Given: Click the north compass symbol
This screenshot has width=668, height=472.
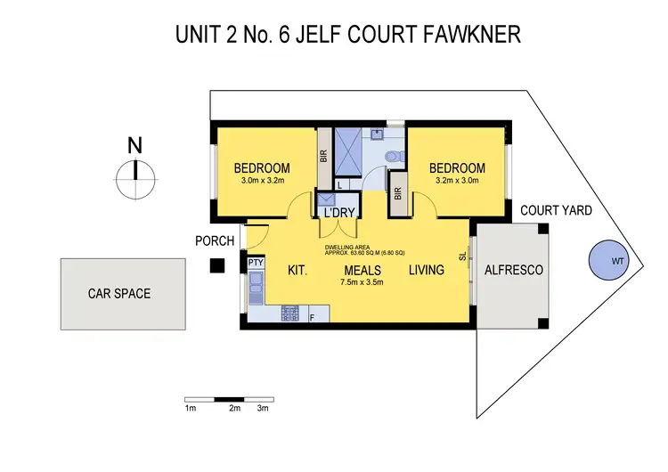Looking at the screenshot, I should pyautogui.click(x=134, y=180).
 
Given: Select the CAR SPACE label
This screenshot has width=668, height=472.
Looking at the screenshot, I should pyautogui.click(x=118, y=293).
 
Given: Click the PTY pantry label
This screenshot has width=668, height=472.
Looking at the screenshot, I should pyautogui.click(x=256, y=263).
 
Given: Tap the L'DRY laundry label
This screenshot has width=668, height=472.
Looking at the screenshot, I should pyautogui.click(x=339, y=213).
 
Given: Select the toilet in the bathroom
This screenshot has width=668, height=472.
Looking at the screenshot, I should pyautogui.click(x=389, y=158).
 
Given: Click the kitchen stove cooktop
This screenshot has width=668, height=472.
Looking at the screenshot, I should pyautogui.click(x=290, y=313).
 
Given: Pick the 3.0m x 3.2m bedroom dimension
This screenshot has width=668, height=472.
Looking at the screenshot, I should pyautogui.click(x=262, y=181).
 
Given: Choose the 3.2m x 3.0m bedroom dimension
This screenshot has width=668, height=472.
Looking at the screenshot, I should pyautogui.click(x=457, y=181).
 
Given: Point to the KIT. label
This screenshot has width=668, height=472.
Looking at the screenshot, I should pyautogui.click(x=297, y=270).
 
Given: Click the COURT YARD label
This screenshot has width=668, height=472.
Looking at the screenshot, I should pyautogui.click(x=558, y=210).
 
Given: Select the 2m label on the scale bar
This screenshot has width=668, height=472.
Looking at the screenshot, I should pyautogui.click(x=234, y=408).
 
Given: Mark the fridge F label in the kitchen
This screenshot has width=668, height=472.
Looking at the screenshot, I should pyautogui.click(x=312, y=316).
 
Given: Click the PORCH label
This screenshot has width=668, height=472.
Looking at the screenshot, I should pyautogui.click(x=215, y=240).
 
